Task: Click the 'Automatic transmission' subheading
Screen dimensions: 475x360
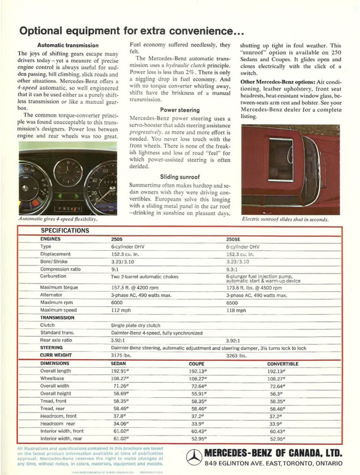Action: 68,45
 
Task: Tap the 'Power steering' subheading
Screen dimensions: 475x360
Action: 179,110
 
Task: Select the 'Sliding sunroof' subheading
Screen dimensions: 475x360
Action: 179,177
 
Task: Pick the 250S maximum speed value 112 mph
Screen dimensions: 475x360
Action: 121,310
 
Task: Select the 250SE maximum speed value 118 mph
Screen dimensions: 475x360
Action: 236,311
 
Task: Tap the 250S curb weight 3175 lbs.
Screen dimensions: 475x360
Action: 121,356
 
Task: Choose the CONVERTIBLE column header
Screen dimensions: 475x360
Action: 283,364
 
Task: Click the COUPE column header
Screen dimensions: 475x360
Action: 196,364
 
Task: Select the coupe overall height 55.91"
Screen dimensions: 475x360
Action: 199,393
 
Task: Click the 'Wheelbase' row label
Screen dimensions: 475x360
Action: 52,379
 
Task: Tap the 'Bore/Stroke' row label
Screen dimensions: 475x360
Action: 54,262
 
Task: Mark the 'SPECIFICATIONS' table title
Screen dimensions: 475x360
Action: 65,230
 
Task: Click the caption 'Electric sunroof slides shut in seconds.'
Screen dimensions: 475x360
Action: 285,219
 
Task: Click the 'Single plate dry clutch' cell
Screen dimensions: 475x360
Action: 136,325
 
